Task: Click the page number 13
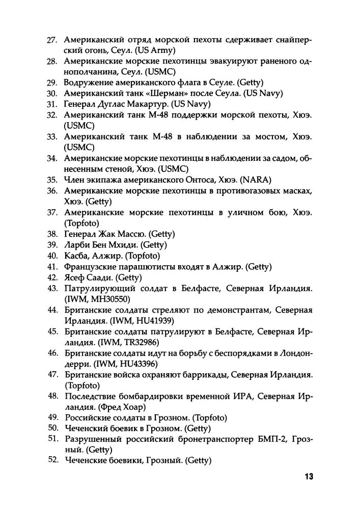[308, 477]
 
